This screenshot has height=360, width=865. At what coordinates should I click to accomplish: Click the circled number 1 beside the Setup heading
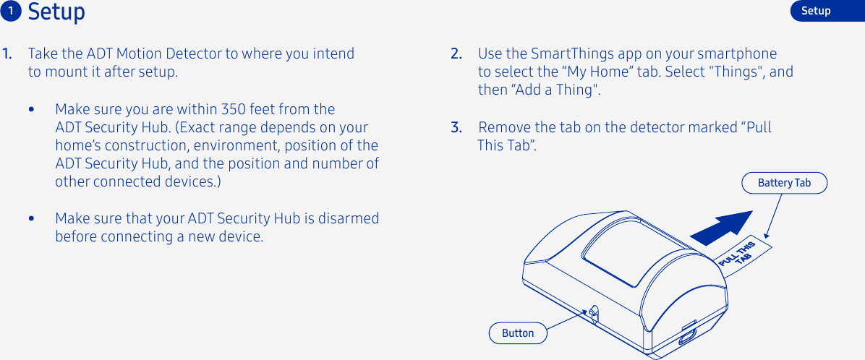point(12,11)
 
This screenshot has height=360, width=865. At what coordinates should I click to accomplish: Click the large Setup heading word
point(56,12)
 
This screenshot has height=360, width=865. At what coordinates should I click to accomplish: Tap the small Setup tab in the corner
point(816,11)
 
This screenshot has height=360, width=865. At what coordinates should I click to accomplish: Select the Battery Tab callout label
point(784,183)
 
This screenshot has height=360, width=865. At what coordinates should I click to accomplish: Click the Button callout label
point(518,333)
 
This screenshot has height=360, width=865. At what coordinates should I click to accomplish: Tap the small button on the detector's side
point(594,313)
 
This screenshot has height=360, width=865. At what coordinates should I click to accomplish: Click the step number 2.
point(456,54)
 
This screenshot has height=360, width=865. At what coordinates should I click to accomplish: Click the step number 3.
point(456,128)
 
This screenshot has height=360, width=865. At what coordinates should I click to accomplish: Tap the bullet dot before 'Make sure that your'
point(31,218)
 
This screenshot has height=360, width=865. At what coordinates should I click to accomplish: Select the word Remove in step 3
point(503,128)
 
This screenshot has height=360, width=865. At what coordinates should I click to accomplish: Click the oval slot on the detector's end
point(686,335)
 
